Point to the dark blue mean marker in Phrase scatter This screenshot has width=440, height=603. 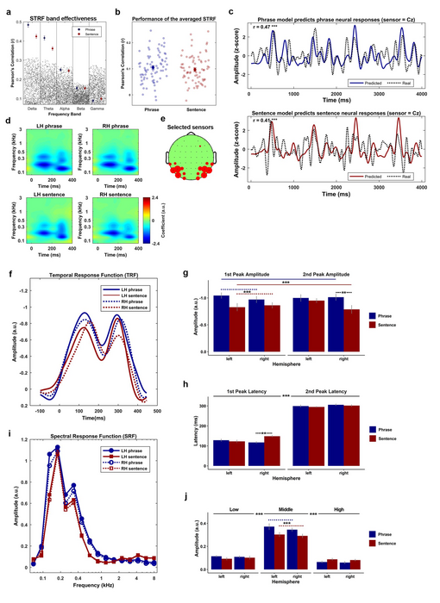[x=154, y=66]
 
